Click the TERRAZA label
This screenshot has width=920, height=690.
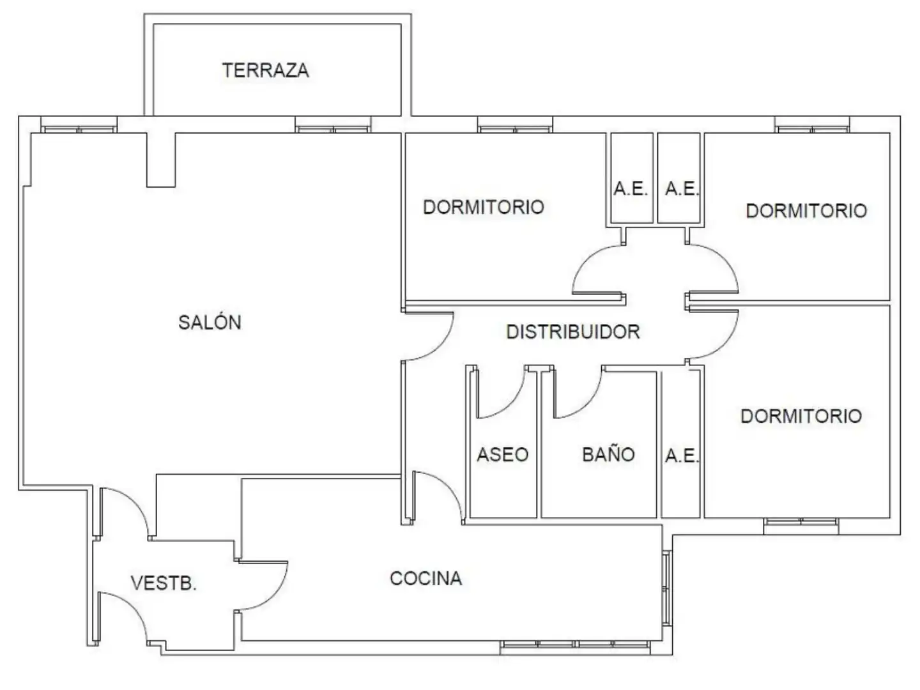pyautogui.click(x=265, y=70)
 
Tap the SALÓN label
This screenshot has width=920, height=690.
pyautogui.click(x=210, y=323)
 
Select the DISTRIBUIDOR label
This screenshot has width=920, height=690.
pyautogui.click(x=573, y=332)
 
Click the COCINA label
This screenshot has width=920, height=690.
pyautogui.click(x=426, y=579)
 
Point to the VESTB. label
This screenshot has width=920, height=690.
pyautogui.click(x=164, y=583)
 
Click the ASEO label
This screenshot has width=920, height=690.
pyautogui.click(x=503, y=454)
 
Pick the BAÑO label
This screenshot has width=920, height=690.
pyautogui.click(x=608, y=454)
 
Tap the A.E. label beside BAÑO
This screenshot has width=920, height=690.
pyautogui.click(x=682, y=456)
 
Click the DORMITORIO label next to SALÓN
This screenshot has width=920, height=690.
pyautogui.click(x=483, y=207)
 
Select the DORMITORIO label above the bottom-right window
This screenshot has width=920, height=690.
pyautogui.click(x=801, y=416)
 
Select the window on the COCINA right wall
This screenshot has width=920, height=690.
pyautogui.click(x=667, y=589)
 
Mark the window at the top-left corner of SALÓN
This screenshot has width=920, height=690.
pyautogui.click(x=79, y=125)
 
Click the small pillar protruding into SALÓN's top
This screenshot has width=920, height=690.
pyautogui.click(x=161, y=160)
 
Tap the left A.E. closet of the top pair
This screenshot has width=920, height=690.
pyautogui.click(x=632, y=178)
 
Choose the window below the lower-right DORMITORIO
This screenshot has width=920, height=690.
pyautogui.click(x=801, y=526)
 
